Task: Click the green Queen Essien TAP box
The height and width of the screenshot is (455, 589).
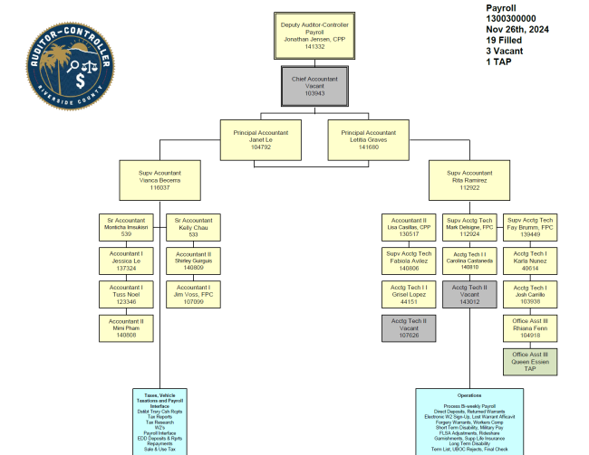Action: pyautogui.click(x=532, y=361)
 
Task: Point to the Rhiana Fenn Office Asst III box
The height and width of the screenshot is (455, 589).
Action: pyautogui.click(x=532, y=327)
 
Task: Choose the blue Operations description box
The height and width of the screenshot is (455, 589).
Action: pyautogui.click(x=469, y=421)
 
